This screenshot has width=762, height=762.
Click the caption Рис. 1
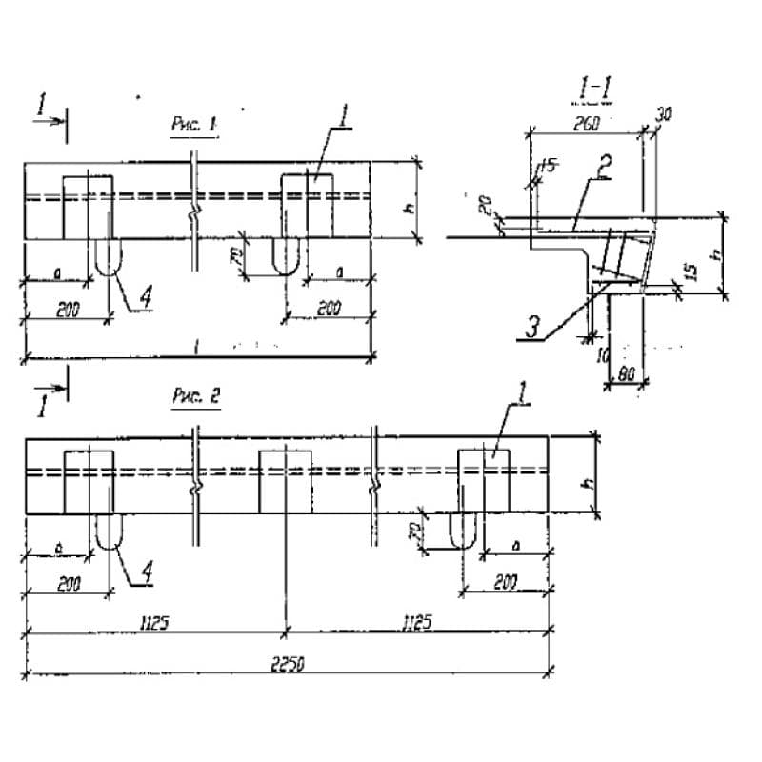194,124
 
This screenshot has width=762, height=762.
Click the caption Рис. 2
195,398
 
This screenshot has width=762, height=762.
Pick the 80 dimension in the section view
627,374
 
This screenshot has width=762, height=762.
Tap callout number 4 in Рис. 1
146,298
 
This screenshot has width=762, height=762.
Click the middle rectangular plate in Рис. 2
285,482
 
